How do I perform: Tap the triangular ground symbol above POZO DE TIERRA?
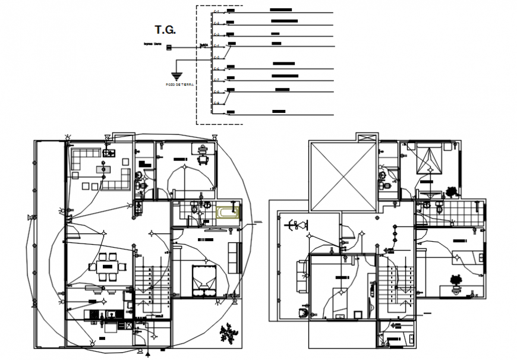176,75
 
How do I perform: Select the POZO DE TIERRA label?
180,85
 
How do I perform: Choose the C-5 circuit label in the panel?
216,58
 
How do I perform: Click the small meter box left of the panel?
169,46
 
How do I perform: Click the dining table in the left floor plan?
108,267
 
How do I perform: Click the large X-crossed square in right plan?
342,176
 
